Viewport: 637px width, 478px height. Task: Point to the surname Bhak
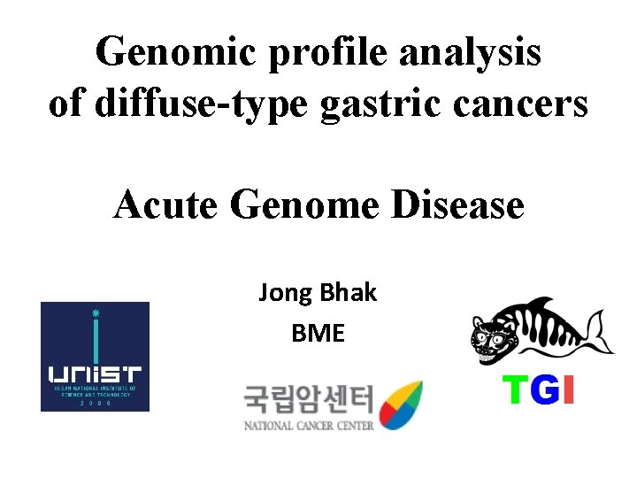pos(349,292)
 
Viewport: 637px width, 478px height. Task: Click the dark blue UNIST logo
pos(95,356)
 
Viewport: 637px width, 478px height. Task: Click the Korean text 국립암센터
pos(309,402)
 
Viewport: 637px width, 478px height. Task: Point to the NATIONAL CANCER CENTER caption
pos(309,426)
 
